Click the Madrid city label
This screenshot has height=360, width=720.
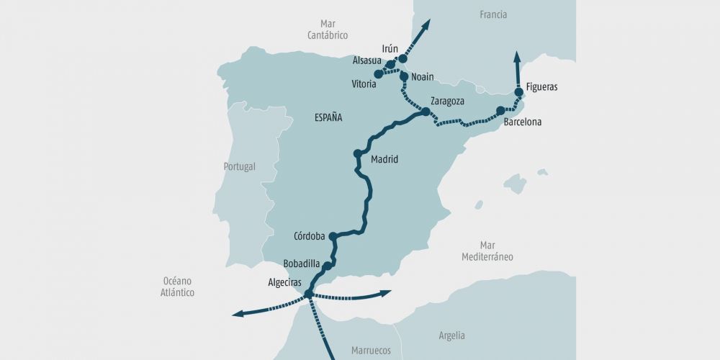tap(384, 160)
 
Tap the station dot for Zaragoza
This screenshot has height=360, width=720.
tap(426, 112)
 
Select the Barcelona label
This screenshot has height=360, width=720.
tap(522, 122)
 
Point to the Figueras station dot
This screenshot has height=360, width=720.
tap(518, 93)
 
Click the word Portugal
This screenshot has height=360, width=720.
tap(239, 166)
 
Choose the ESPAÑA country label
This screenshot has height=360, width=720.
tap(328, 117)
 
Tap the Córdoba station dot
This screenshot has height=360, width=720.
tap(333, 235)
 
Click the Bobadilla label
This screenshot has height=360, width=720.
tap(302, 264)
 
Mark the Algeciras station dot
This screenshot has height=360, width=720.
tap(309, 294)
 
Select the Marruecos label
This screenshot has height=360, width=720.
tap(371, 351)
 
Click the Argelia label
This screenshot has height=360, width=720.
tap(451, 336)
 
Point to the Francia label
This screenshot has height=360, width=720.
tap(493, 14)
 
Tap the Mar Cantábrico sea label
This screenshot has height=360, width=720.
tap(328, 30)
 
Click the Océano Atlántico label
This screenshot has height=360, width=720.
tap(177, 287)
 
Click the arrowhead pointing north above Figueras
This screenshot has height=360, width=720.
tap(517, 55)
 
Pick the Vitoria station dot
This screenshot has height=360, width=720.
tap(379, 74)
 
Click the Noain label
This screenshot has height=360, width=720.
tap(423, 77)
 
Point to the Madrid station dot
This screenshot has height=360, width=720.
tap(358, 153)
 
